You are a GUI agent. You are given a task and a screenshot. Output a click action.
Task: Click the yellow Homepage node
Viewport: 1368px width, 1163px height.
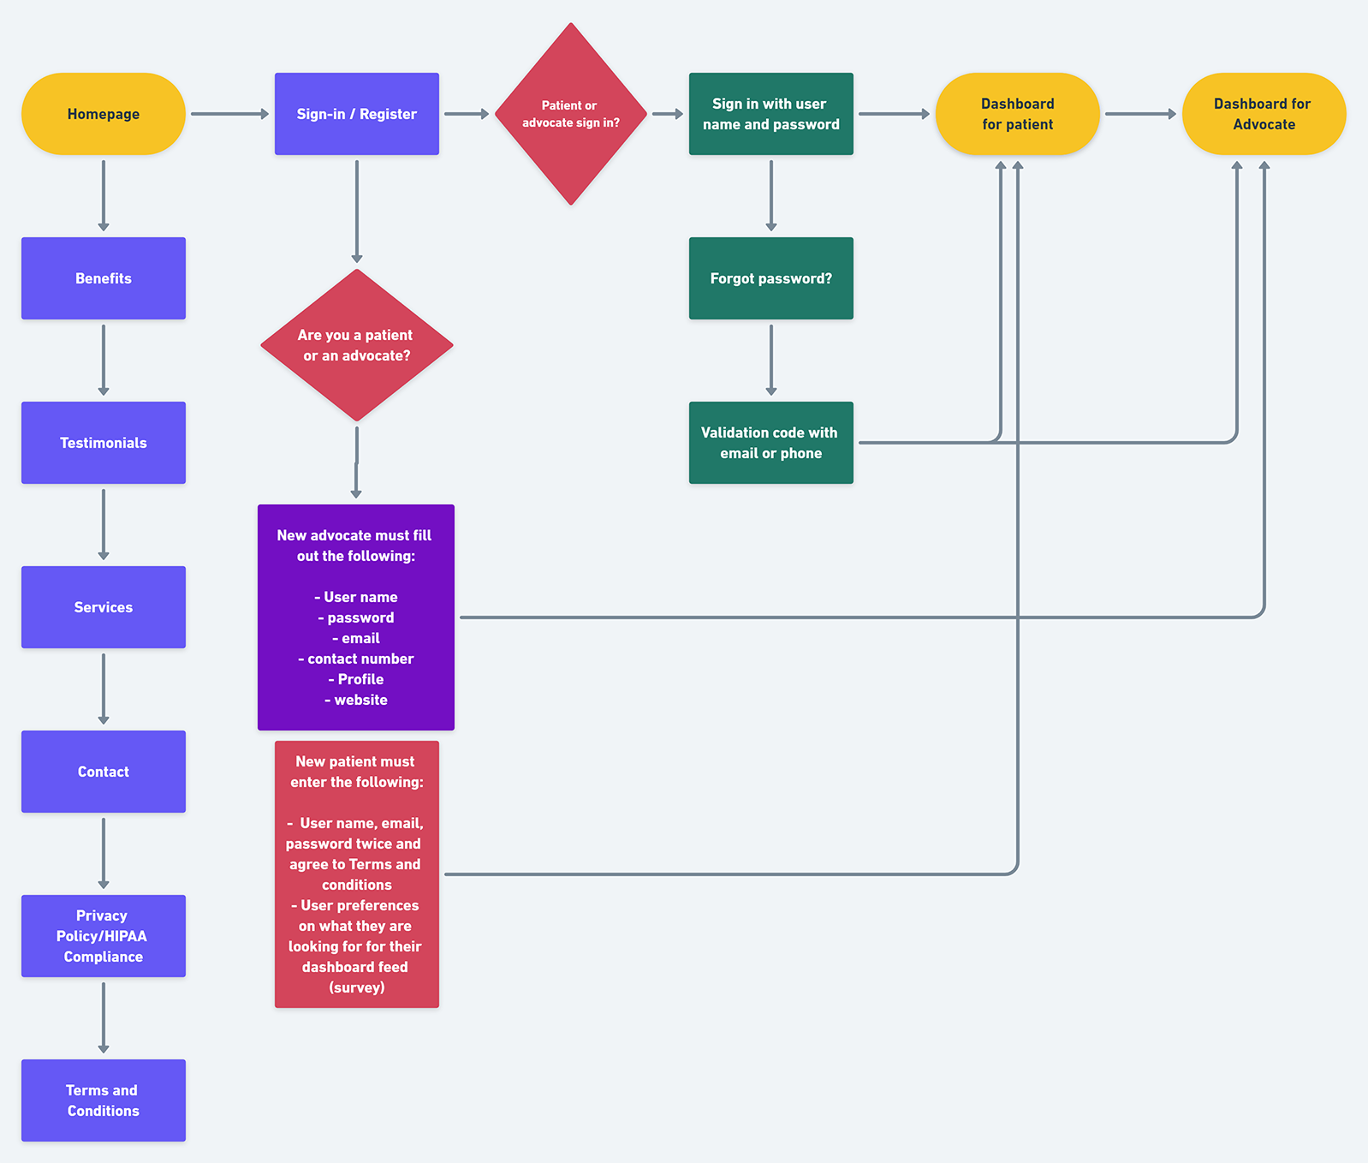click(x=103, y=114)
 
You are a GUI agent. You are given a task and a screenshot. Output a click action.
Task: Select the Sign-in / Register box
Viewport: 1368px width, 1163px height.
click(x=356, y=114)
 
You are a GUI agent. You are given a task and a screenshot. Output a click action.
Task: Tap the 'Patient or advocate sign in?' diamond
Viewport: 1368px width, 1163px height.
click(x=570, y=114)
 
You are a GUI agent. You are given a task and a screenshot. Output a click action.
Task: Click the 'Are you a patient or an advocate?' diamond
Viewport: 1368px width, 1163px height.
click(x=356, y=345)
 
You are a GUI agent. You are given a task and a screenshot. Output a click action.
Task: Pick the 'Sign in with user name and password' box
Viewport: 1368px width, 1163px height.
click(x=770, y=114)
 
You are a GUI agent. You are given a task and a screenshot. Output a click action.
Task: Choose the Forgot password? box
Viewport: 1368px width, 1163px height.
click(x=770, y=278)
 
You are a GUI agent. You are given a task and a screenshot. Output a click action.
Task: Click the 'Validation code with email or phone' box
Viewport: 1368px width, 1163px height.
click(x=770, y=443)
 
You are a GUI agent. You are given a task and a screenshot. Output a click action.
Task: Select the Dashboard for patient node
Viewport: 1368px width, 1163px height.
click(x=1017, y=114)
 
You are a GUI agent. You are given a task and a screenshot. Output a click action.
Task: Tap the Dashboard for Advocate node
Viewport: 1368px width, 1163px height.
click(x=1264, y=114)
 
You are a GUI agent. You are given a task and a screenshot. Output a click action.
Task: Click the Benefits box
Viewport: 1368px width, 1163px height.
click(x=103, y=278)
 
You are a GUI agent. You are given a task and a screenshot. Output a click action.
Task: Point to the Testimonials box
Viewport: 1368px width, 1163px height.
click(x=103, y=443)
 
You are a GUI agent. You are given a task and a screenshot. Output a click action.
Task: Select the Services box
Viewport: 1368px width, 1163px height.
click(x=103, y=607)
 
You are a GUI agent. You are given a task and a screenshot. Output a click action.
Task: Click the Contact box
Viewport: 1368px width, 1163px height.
click(x=103, y=772)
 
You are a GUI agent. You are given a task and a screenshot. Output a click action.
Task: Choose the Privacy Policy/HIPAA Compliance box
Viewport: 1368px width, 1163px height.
click(x=103, y=936)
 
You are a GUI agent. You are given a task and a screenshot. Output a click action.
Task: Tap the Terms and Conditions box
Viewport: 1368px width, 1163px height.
click(x=103, y=1100)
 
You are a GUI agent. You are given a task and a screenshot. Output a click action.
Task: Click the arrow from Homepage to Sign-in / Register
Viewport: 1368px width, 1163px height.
click(x=229, y=114)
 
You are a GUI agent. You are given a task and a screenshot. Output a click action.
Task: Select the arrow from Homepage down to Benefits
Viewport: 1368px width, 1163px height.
click(x=104, y=195)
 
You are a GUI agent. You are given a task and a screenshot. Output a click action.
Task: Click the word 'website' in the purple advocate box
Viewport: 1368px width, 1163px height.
click(x=360, y=700)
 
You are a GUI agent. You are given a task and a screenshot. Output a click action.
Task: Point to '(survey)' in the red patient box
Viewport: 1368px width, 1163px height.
click(x=356, y=987)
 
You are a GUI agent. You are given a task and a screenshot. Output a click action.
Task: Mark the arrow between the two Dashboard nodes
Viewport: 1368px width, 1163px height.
click(x=1140, y=114)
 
